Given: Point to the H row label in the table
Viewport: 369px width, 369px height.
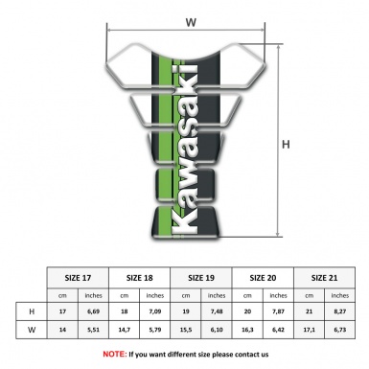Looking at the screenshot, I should pyautogui.click(x=33, y=311).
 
